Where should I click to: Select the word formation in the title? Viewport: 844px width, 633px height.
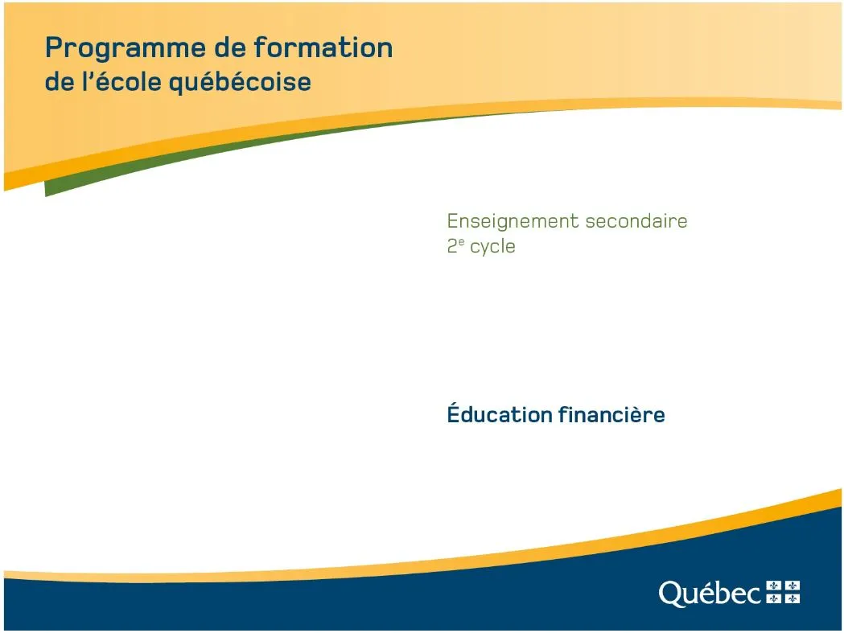click(323, 47)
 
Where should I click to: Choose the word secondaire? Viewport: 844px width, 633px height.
click(636, 220)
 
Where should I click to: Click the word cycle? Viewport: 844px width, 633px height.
click(492, 247)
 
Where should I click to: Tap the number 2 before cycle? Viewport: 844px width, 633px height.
click(452, 246)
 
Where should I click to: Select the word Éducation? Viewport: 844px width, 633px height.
click(500, 413)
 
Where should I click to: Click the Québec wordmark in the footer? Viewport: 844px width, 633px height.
click(710, 593)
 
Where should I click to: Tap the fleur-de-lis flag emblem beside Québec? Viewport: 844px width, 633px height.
click(783, 592)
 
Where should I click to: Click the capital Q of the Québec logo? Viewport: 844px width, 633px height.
click(671, 594)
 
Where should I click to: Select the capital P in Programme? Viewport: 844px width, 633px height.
click(54, 47)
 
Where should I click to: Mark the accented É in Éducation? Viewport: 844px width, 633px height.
click(455, 413)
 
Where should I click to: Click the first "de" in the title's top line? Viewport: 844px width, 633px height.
click(230, 47)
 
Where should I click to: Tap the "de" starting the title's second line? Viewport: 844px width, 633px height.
click(60, 82)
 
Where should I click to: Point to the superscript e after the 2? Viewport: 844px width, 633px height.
click(461, 241)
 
